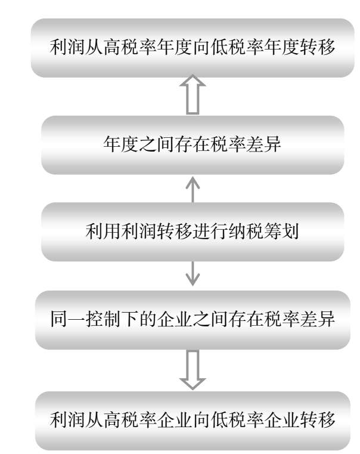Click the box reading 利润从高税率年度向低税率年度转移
(193, 48)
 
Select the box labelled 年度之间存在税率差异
(193, 145)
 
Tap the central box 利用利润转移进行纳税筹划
(193, 231)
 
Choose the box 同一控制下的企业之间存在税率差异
(193, 320)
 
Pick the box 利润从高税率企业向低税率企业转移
(193, 421)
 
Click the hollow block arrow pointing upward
(193, 94)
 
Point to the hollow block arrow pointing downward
(193, 370)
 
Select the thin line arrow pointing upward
(193, 189)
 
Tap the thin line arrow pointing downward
(193, 274)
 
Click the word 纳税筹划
(263, 232)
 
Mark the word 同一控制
(85, 319)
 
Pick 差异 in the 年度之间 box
(263, 144)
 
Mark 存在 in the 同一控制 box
(246, 319)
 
